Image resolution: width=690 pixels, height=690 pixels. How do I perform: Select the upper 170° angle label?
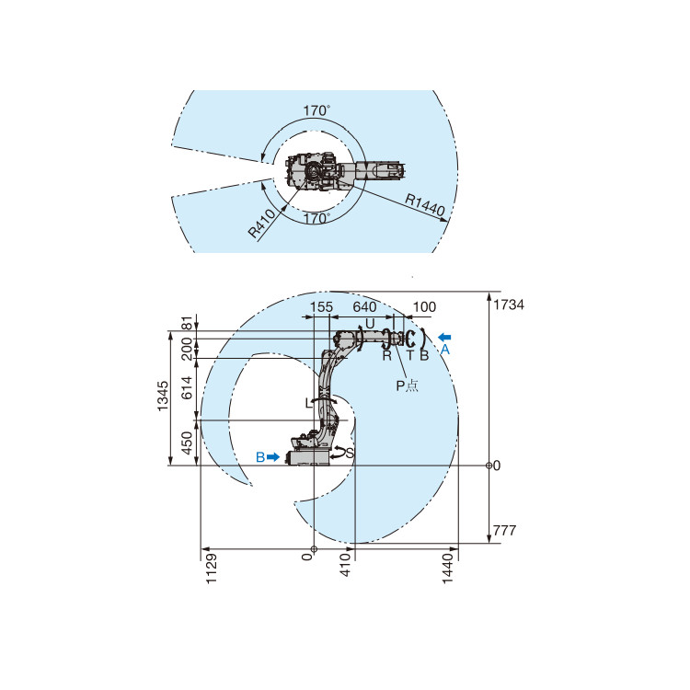tap(316, 110)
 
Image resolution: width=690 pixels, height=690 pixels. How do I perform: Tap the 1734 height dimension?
tap(509, 305)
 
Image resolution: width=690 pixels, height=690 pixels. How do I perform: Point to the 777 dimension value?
tap(506, 531)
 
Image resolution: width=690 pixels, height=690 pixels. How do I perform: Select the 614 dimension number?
tap(188, 388)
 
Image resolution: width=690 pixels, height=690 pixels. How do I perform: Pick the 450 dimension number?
tap(188, 443)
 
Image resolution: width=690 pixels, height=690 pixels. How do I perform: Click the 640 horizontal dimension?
tap(365, 306)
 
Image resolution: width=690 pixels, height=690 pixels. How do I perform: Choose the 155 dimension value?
tap(321, 306)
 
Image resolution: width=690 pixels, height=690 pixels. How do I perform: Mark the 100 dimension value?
tap(424, 306)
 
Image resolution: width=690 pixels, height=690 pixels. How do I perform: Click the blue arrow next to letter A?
tap(445, 337)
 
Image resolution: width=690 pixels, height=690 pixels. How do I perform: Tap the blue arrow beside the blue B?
tap(273, 457)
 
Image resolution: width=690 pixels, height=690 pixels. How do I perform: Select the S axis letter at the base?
tap(350, 454)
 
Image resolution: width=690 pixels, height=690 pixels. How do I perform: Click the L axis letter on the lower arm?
tap(308, 403)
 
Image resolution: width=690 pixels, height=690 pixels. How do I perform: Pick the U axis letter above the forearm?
tap(370, 324)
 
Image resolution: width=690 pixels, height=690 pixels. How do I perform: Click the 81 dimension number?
tap(188, 323)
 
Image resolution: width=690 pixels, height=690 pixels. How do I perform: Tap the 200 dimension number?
tap(188, 348)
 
